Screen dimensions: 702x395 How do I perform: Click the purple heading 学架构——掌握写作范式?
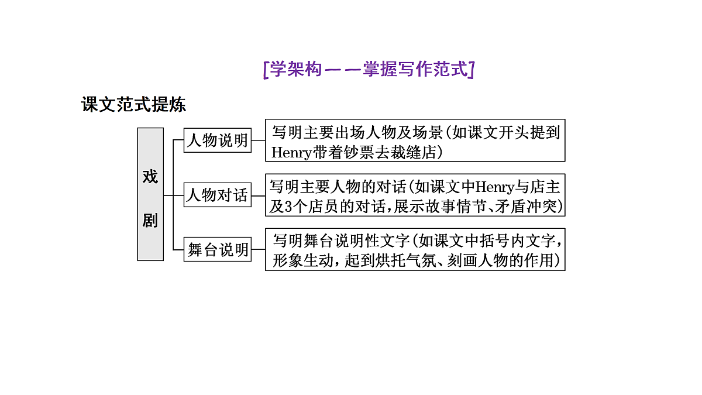tap(369, 69)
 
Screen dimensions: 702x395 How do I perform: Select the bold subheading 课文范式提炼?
tap(133, 104)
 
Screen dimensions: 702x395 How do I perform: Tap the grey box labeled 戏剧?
tap(150, 194)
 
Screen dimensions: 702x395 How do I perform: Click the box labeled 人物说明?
tap(218, 140)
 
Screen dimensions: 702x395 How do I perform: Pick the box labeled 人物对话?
tap(218, 195)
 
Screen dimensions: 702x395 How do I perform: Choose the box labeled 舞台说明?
tap(218, 249)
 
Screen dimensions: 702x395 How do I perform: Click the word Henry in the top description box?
tap(291, 153)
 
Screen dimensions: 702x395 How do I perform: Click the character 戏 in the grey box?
tap(150, 177)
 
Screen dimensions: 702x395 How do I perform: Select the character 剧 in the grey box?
tap(150, 221)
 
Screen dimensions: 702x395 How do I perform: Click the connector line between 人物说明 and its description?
tap(258, 140)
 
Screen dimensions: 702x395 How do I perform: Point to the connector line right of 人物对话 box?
tap(258, 196)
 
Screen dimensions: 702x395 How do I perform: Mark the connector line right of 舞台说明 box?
tap(258, 249)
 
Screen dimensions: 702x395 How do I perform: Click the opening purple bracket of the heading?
tap(266, 70)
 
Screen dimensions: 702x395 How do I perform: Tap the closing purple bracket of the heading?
tap(472, 70)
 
